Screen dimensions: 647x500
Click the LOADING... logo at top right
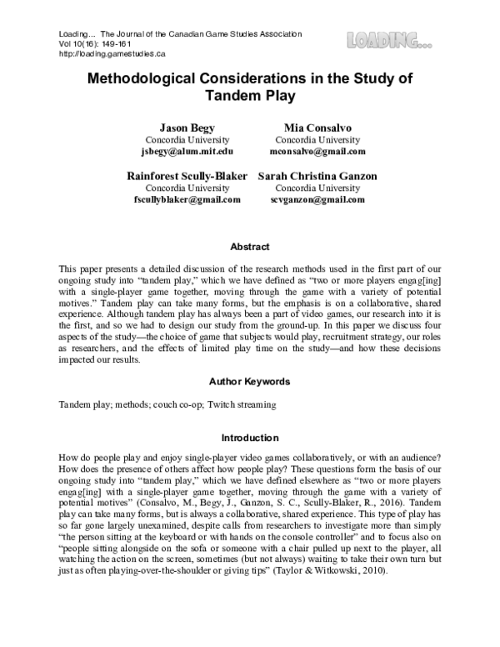pos(390,38)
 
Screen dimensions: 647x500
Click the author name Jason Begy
pos(176,128)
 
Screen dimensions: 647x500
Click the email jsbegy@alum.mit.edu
pos(176,152)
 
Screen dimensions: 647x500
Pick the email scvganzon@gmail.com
pos(317,200)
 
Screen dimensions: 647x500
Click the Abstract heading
pos(250,247)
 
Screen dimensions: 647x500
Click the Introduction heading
pos(250,437)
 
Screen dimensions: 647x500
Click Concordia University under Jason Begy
pos(176,140)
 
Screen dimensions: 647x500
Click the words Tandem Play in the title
pos(250,95)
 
